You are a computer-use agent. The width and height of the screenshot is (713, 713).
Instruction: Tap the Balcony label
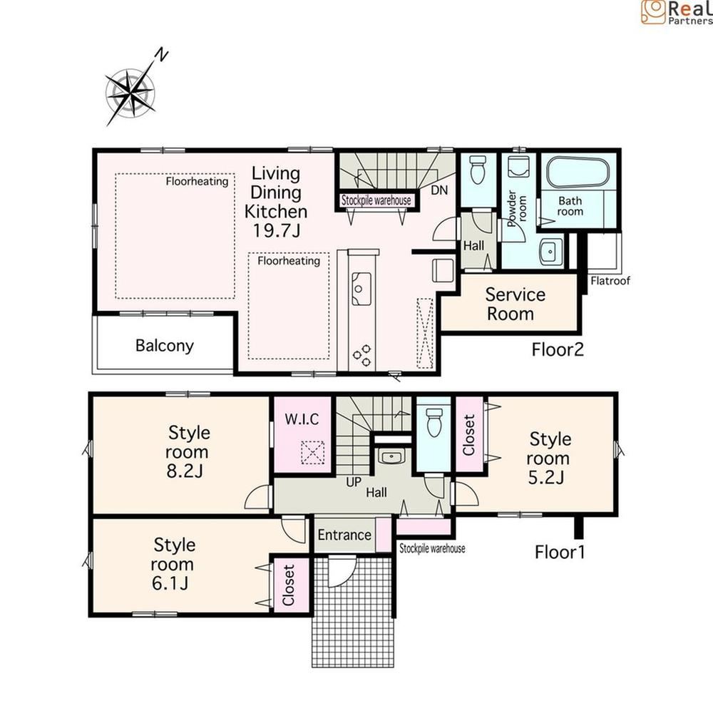pos(164,346)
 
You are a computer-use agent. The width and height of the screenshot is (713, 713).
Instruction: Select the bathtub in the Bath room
pos(578,173)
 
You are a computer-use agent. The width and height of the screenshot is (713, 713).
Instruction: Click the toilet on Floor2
pos(478,170)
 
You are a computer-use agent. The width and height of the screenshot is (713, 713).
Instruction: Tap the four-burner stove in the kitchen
pos(361,355)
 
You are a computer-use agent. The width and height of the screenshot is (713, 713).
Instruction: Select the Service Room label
pos(515,304)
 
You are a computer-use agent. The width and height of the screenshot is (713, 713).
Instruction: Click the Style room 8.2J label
pos(188,451)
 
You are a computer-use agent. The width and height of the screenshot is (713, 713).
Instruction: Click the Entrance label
pos(344,535)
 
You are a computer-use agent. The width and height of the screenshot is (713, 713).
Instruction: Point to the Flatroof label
pos(610,281)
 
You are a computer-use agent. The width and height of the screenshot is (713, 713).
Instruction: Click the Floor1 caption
pos(560,551)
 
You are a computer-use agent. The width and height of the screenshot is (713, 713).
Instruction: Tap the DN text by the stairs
pos(439,190)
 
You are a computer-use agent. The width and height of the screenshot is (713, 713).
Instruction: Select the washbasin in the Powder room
pos(550,252)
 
